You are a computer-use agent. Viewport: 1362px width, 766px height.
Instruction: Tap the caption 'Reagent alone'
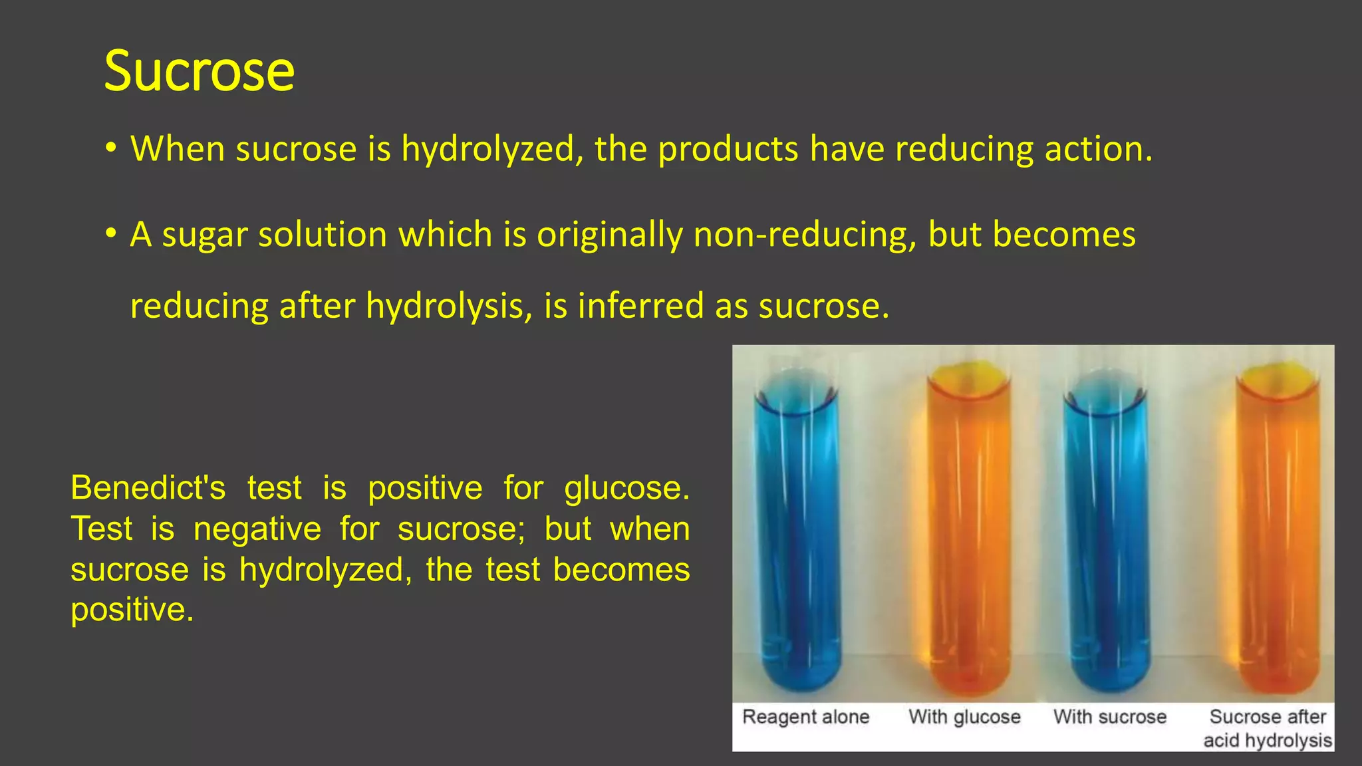pyautogui.click(x=805, y=717)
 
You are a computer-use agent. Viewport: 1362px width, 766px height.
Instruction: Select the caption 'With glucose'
pyautogui.click(x=964, y=717)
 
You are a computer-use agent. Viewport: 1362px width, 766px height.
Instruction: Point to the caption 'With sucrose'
pyautogui.click(x=1109, y=717)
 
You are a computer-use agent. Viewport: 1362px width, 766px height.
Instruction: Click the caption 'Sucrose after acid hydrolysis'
pyautogui.click(x=1268, y=728)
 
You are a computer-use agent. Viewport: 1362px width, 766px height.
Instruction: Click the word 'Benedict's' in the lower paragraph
pyautogui.click(x=148, y=488)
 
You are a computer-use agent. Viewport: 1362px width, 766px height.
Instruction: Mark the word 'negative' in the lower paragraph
pyautogui.click(x=257, y=529)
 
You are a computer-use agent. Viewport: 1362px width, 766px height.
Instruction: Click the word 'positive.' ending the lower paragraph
pyautogui.click(x=132, y=610)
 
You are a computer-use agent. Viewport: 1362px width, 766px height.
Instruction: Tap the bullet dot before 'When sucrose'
pyautogui.click(x=111, y=148)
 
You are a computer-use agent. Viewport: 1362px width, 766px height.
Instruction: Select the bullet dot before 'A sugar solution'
pyautogui.click(x=111, y=233)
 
